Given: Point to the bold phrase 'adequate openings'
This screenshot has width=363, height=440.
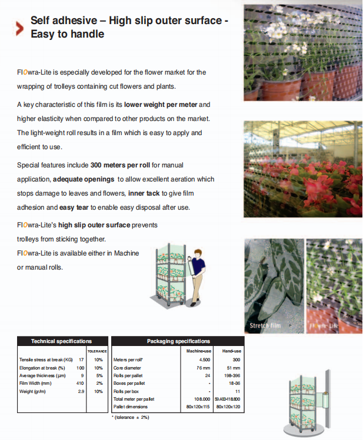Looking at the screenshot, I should point(84,179).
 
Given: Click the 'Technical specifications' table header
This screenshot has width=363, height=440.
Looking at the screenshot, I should point(62,341).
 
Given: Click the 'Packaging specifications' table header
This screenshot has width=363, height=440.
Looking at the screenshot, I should point(178,341).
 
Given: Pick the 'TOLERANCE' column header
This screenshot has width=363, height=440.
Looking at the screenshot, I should point(97,351).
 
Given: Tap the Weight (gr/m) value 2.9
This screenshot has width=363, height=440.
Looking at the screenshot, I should point(81,391).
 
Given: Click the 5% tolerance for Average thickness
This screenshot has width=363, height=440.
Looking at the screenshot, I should point(98,375).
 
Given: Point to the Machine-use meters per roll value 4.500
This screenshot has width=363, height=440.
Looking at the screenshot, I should point(204,359).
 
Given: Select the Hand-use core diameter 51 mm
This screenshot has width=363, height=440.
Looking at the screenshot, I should point(234,367).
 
